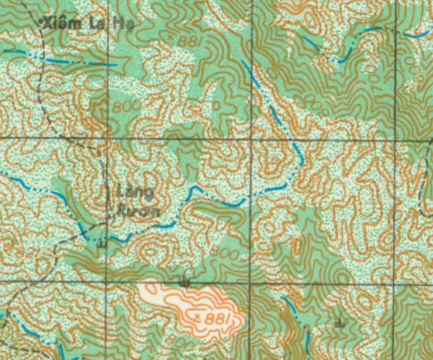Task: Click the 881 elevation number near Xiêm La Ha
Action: click(190, 41)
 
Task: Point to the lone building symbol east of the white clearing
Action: click(340, 324)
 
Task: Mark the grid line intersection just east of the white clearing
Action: click(250, 283)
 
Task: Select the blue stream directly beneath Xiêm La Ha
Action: click(64, 58)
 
